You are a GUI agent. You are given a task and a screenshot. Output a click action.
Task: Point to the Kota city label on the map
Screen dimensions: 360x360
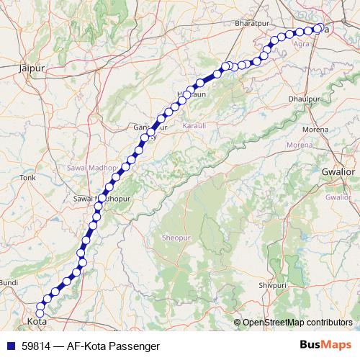pyautogui.click(x=36, y=321)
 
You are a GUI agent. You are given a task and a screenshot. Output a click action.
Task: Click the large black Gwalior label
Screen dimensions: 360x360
pyautogui.click(x=339, y=173)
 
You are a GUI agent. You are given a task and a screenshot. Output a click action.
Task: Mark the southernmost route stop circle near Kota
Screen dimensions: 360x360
pyautogui.click(x=40, y=312)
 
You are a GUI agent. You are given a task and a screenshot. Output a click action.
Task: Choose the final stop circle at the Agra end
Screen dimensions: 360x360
pyautogui.click(x=318, y=29)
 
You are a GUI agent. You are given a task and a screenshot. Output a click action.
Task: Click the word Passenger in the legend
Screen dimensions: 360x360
pyautogui.click(x=135, y=346)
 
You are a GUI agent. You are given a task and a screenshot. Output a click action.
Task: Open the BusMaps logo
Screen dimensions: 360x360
pyautogui.click(x=325, y=345)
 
